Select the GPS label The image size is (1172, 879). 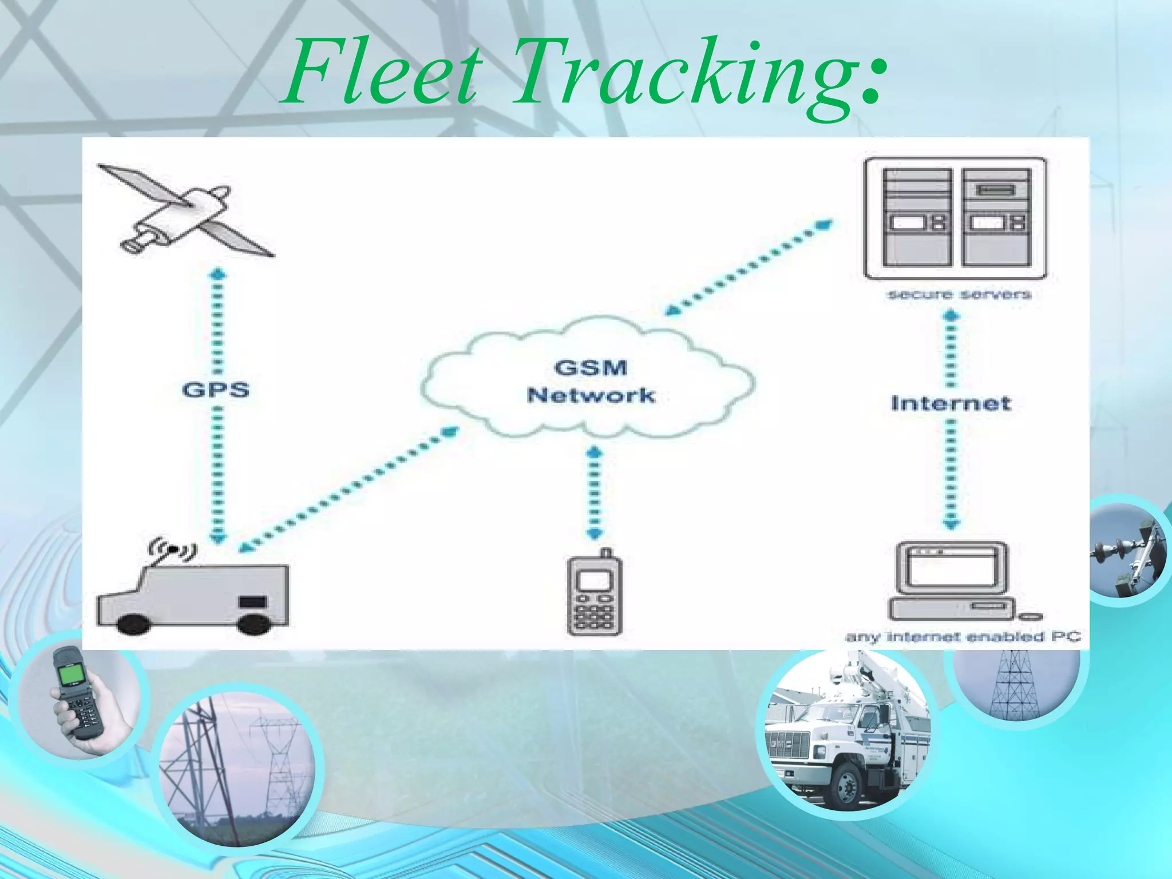216,390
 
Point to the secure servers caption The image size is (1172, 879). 959,295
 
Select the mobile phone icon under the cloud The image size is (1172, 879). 595,595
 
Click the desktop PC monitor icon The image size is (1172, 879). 952,569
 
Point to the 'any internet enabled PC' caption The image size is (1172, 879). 963,637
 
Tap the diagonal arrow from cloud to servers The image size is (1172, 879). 750,266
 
